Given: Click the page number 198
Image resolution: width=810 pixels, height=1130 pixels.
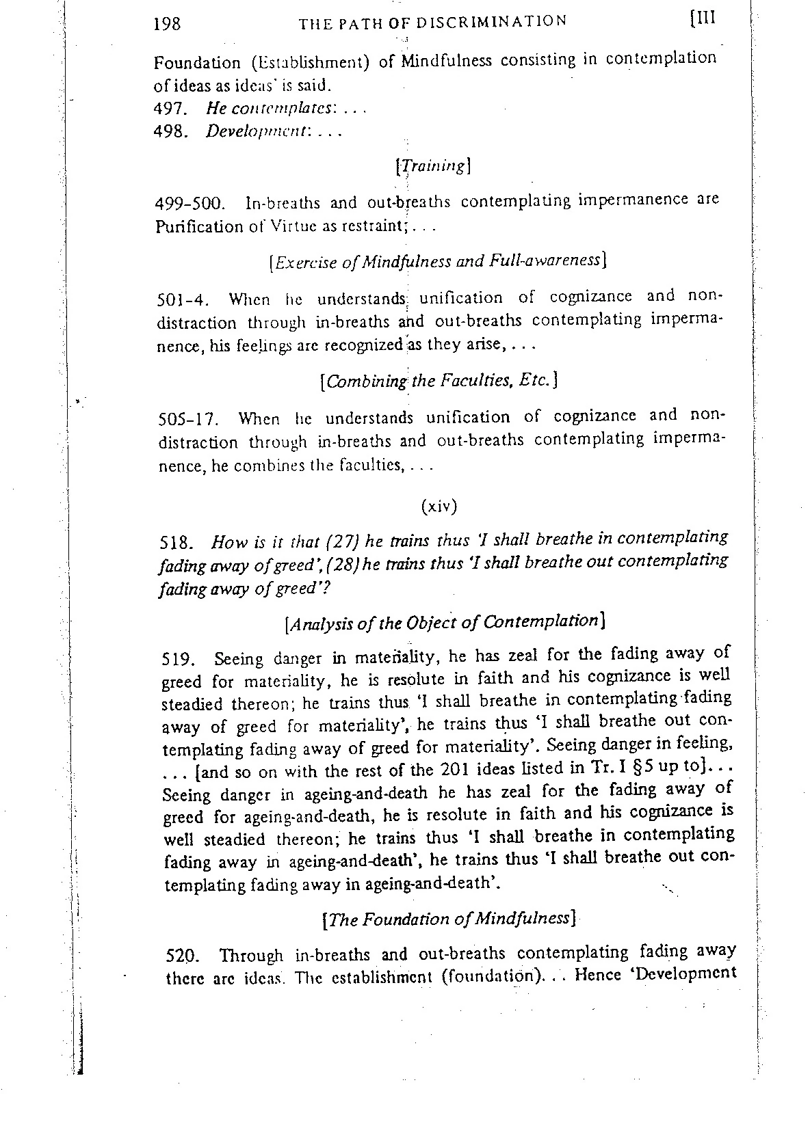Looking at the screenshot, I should click(x=168, y=24).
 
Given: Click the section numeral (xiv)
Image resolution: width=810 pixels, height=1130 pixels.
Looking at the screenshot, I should click(x=438, y=507).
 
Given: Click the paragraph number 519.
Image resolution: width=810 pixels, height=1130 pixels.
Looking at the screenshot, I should click(x=177, y=660).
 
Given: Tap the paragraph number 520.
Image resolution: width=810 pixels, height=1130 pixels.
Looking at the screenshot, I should click(x=181, y=955).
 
